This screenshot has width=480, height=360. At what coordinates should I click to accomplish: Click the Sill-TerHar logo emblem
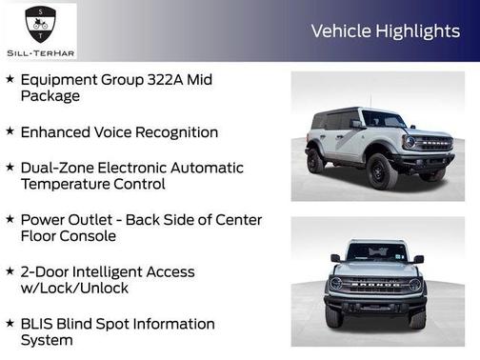tap(39, 22)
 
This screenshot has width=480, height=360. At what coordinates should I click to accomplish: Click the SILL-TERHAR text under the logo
tap(40, 52)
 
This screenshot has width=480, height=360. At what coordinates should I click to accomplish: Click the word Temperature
tap(69, 185)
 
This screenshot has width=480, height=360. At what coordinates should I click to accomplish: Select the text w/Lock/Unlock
tap(74, 289)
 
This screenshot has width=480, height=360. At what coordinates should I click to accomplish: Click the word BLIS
tap(37, 324)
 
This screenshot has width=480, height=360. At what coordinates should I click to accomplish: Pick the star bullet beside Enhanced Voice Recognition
tap(10, 131)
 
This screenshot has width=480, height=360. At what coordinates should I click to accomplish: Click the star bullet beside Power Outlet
tap(10, 219)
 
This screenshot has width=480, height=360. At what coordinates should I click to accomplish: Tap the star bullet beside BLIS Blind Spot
tap(10, 323)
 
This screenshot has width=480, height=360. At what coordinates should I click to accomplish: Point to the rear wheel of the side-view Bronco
tap(315, 160)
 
